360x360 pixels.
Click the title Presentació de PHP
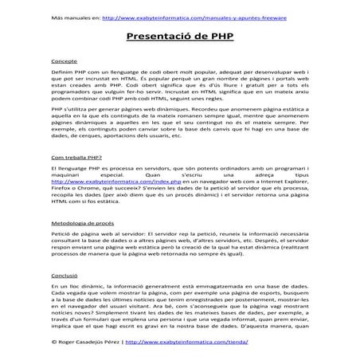tap(179, 37)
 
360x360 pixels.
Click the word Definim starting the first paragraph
tap(61, 72)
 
